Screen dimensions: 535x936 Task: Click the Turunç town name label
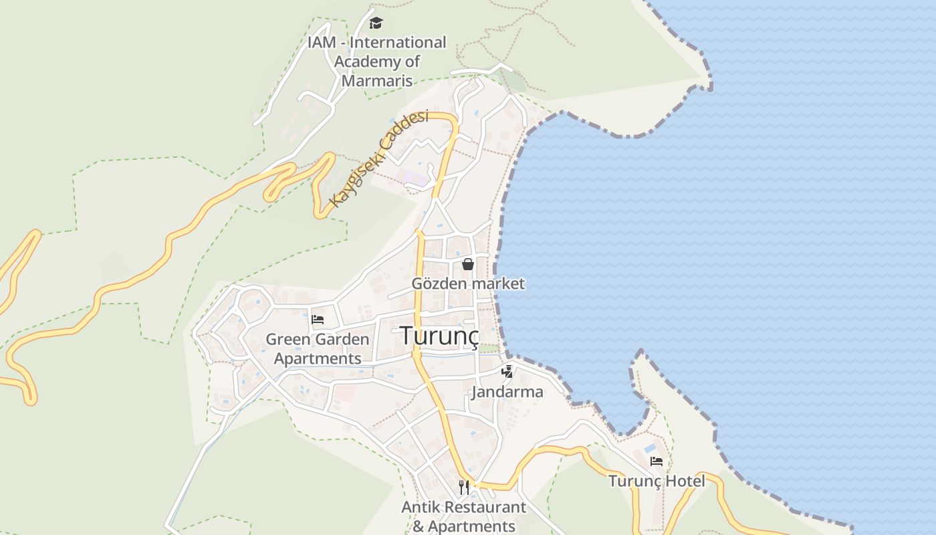tap(440, 336)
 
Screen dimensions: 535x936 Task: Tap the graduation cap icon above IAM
tap(376, 23)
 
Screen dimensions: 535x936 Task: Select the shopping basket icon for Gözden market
tap(468, 264)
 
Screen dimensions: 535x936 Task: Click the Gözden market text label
tap(468, 284)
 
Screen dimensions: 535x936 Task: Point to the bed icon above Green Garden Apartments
tap(318, 320)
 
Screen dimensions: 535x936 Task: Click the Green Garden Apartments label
tap(318, 348)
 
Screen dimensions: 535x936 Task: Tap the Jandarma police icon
tap(507, 372)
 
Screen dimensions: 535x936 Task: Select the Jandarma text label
tap(507, 392)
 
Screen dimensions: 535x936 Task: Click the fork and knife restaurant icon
tap(464, 487)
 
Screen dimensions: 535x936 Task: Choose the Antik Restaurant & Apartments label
tap(464, 516)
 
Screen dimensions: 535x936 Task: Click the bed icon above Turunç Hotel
tap(657, 461)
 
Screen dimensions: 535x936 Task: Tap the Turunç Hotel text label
tap(657, 481)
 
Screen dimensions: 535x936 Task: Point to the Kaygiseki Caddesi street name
tap(379, 158)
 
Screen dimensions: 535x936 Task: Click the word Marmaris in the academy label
tap(376, 81)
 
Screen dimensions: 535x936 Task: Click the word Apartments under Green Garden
tap(318, 358)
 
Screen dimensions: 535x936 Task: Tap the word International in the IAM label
tap(398, 42)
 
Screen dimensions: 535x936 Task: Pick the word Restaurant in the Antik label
tap(483, 507)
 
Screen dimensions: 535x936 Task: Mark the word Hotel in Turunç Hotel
tap(685, 481)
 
